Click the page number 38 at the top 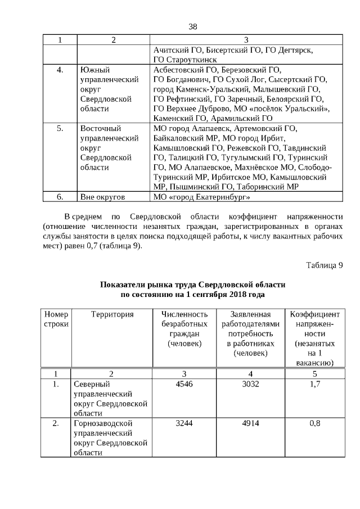(192, 27)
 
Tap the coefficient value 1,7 (314, 385)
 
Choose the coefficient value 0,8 (314, 424)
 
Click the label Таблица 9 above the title (325, 265)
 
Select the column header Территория (112, 314)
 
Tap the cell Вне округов (102, 197)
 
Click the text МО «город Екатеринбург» (201, 197)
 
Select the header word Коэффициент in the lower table (314, 314)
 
